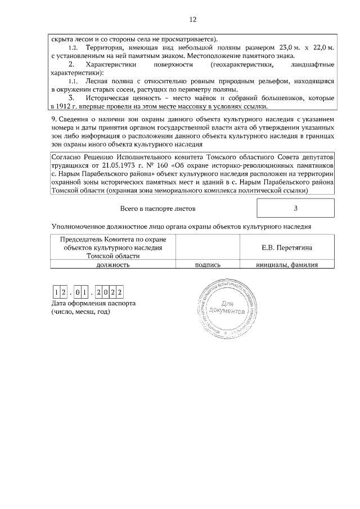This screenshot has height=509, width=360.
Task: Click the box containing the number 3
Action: (295, 208)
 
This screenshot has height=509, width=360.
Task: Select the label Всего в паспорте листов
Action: (158, 209)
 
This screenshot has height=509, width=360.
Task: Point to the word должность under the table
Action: (114, 264)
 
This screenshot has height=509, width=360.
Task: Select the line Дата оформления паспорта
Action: (93, 303)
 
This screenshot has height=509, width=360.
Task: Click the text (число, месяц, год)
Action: (80, 312)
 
